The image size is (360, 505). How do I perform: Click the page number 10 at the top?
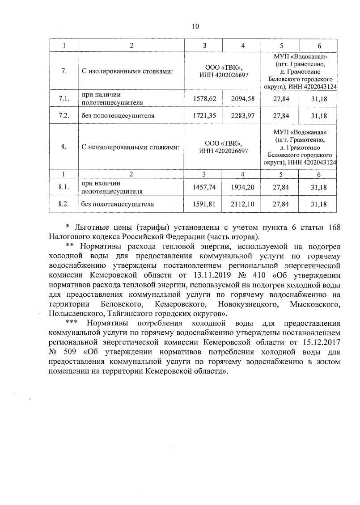click(195, 26)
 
